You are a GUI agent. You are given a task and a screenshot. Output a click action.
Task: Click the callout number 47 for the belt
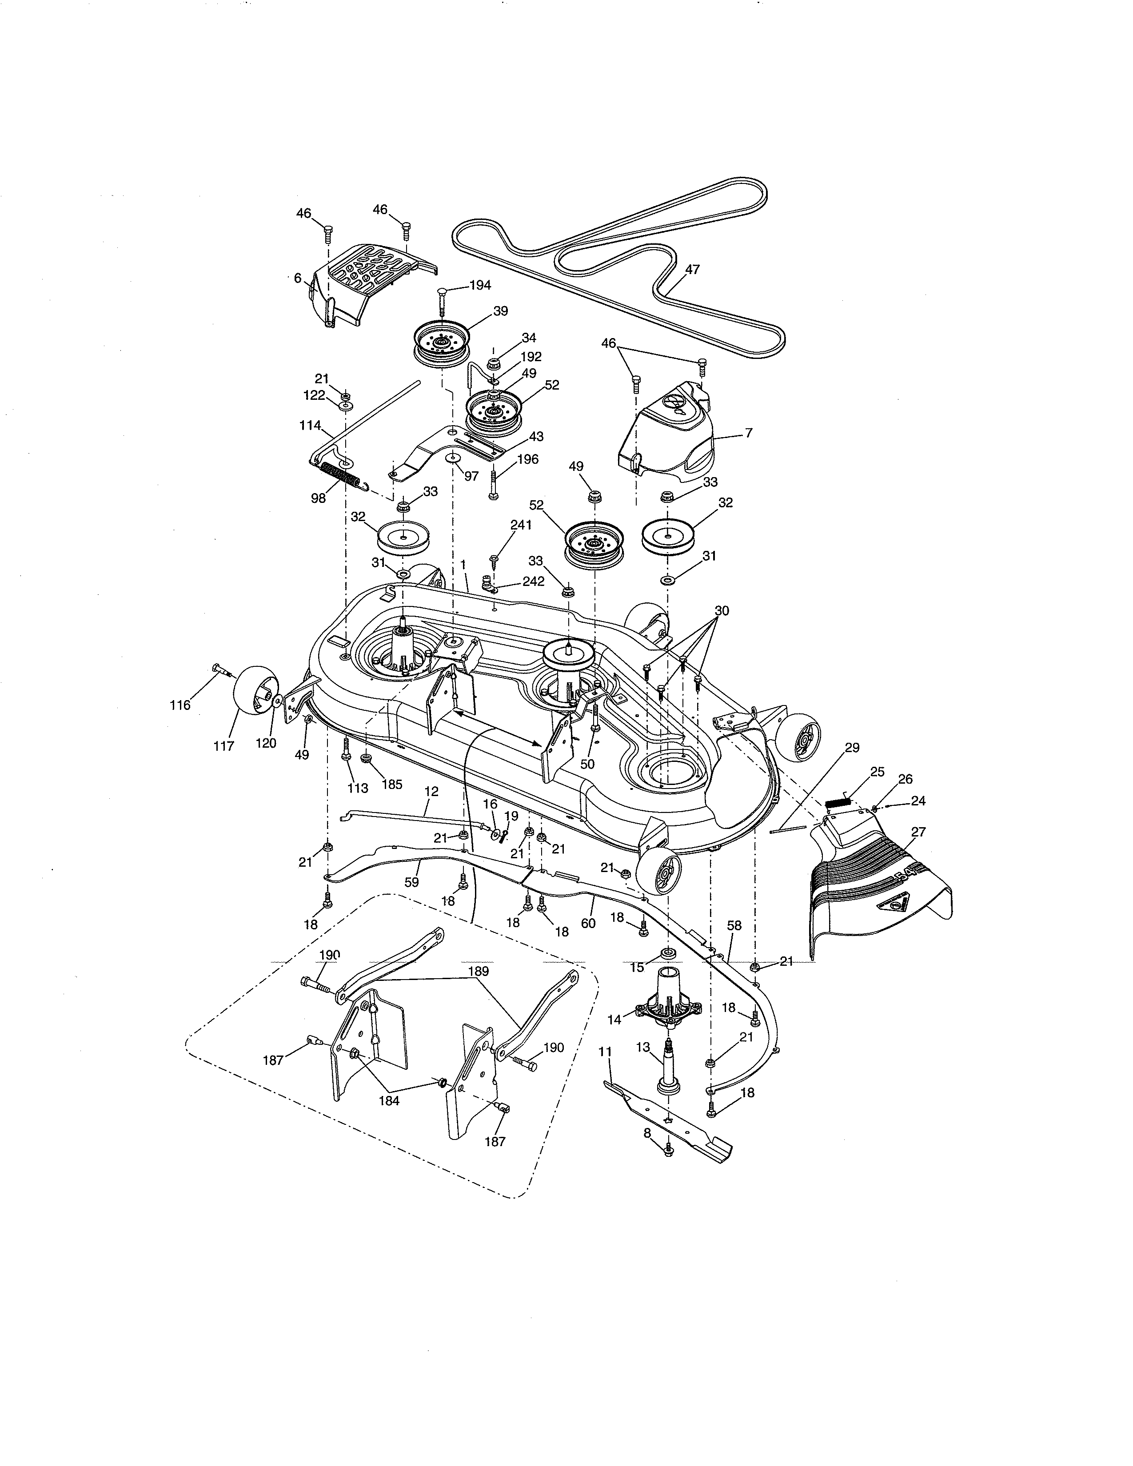pyautogui.click(x=692, y=270)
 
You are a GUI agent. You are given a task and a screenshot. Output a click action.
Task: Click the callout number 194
pyautogui.click(x=479, y=285)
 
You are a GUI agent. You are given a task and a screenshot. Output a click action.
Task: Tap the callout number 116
pyautogui.click(x=180, y=705)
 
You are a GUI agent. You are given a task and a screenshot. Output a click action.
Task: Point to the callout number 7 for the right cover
pyautogui.click(x=748, y=433)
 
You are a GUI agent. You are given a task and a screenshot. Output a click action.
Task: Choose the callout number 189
pyautogui.click(x=478, y=971)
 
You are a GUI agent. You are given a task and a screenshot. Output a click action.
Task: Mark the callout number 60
pyautogui.click(x=588, y=923)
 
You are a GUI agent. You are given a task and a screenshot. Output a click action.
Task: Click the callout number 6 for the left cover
pyautogui.click(x=298, y=278)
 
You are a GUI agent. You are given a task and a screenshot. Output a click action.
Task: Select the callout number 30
pyautogui.click(x=722, y=611)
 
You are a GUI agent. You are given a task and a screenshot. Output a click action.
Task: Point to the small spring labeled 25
pyautogui.click(x=838, y=801)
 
